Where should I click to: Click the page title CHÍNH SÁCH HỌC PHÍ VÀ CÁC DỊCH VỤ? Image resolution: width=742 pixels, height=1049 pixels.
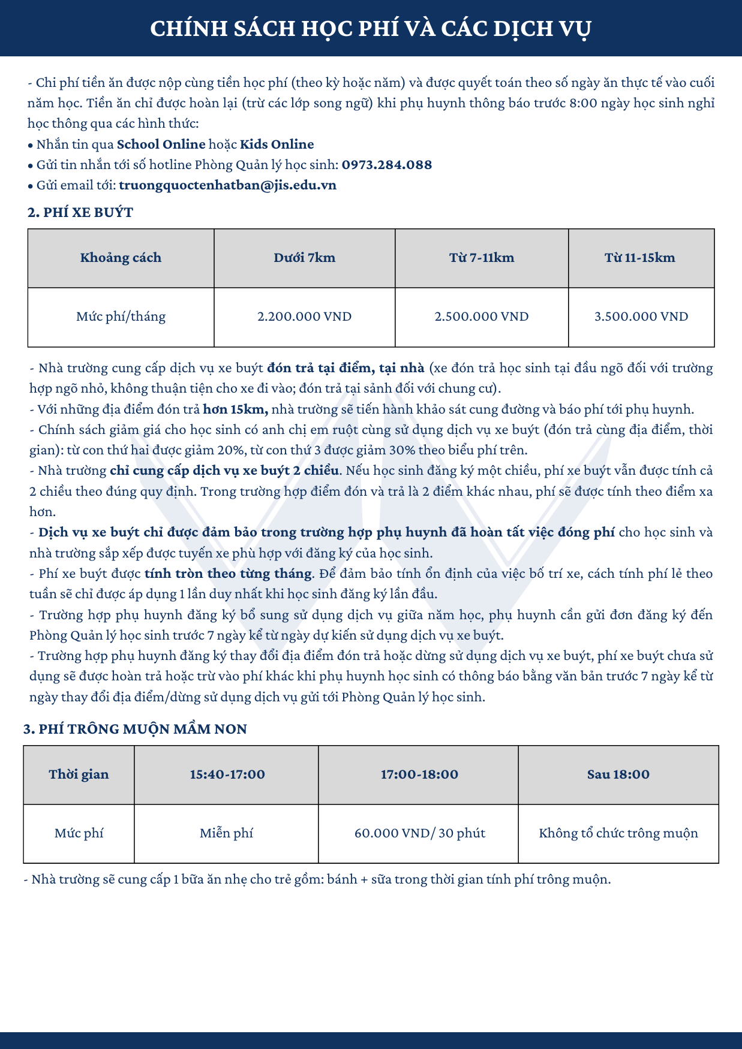[371, 28]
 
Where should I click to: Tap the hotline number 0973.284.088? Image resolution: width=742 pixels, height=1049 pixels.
[387, 165]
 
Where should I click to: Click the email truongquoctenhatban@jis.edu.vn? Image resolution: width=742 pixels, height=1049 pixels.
[227, 185]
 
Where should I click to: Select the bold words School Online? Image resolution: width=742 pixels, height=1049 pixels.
[161, 144]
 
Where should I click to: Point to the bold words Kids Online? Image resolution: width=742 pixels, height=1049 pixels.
[277, 144]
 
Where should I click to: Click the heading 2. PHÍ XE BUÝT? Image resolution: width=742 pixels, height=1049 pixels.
[80, 212]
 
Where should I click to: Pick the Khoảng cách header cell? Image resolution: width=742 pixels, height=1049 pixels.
[121, 258]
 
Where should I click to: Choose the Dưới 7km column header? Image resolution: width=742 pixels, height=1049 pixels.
[304, 258]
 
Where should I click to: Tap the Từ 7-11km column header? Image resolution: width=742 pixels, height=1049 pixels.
[482, 258]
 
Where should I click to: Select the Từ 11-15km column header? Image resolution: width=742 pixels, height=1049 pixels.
[640, 258]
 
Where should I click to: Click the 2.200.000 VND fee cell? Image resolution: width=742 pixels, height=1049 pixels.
[304, 316]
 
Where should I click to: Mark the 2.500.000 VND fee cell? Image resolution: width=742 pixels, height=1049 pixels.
[482, 316]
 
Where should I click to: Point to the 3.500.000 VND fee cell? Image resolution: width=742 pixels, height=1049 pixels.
[641, 316]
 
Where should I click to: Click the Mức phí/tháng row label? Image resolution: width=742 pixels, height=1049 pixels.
[121, 316]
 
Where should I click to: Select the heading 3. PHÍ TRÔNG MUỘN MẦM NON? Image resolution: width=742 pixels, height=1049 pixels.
[135, 729]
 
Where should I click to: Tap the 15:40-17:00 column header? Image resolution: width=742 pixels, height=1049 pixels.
[227, 774]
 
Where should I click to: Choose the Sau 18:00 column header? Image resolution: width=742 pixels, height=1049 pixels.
[618, 774]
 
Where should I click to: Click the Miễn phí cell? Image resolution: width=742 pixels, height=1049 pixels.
[226, 833]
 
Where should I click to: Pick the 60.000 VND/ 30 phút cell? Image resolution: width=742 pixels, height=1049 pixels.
[420, 833]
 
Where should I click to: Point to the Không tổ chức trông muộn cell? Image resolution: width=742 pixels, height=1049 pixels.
[618, 833]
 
